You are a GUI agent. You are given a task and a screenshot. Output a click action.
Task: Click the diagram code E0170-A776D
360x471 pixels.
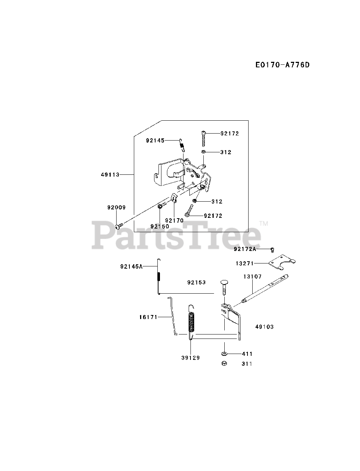point(282,65)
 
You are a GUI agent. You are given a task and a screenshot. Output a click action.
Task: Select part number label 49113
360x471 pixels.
point(110,175)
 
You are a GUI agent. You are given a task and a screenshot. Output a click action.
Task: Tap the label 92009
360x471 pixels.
point(116,208)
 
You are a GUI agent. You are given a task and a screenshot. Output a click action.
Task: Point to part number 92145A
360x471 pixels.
point(131,266)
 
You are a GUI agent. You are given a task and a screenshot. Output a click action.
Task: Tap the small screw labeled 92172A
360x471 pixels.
point(272,249)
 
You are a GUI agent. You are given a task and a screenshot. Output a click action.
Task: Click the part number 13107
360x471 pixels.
point(252,276)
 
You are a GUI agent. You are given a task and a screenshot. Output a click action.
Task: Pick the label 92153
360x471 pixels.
point(196,283)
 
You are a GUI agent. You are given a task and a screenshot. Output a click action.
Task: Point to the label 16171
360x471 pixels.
point(149,316)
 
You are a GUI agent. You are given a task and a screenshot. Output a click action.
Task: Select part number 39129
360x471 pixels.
point(190,358)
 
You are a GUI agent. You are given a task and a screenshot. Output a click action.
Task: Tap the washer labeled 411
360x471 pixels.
point(224,354)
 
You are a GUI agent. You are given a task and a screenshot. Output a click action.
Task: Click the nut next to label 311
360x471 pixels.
point(224,364)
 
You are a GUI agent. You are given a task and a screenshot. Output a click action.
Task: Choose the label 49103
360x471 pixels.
point(264,327)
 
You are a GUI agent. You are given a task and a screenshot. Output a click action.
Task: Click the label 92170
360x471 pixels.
point(174,220)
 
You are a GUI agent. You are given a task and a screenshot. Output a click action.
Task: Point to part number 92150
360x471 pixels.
point(160,226)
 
